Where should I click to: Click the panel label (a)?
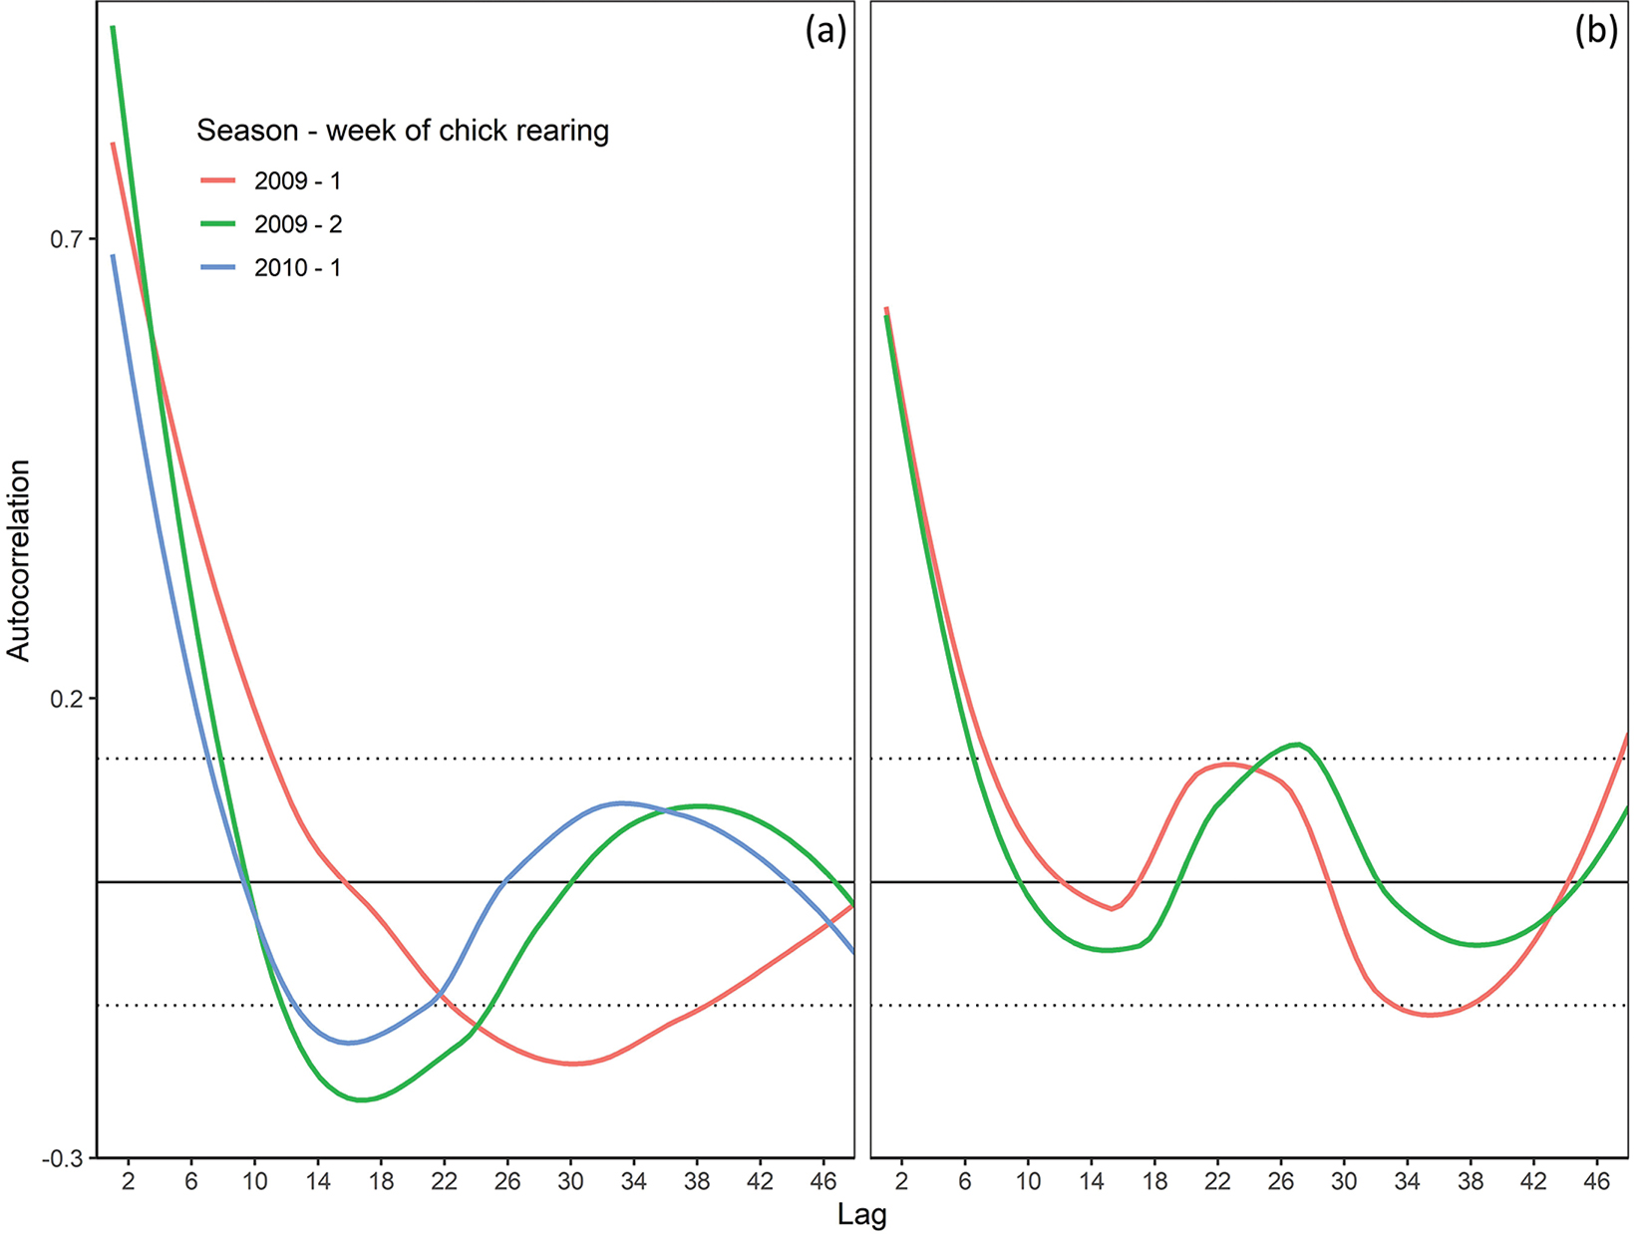coord(825,33)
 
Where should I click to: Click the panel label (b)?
coord(1596,33)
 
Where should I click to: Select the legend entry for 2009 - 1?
coord(297,181)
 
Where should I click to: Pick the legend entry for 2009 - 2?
coord(297,224)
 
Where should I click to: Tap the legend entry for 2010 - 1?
coord(297,268)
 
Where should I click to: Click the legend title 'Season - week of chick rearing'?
coord(403,131)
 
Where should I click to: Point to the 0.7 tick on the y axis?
coord(67,239)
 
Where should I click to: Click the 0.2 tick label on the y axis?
coord(67,699)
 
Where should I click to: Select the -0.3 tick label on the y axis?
coord(64,1158)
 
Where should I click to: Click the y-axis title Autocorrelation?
coord(20,560)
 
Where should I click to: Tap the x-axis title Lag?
coord(861,1216)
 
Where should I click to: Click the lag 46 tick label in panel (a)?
coord(823,1182)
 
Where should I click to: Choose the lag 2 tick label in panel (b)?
coord(901,1182)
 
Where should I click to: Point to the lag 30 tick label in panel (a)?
coord(570,1182)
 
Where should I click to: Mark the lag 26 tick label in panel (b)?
coord(1280,1182)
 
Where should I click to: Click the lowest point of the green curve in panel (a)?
coord(363,1099)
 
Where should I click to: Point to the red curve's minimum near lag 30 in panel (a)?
coord(573,1064)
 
